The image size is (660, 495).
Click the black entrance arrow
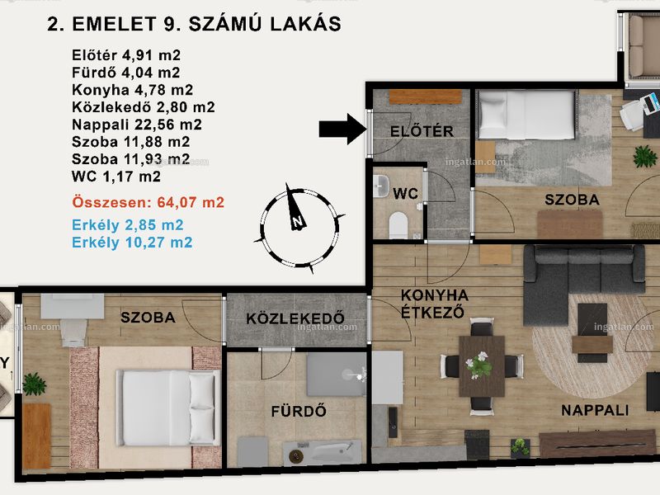pos(342,129)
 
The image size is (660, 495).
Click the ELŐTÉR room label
pos(422,131)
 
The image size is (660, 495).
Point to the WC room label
pos(405,194)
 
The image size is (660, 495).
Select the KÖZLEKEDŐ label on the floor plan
pos(295,318)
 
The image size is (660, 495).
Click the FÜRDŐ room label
pos(299,411)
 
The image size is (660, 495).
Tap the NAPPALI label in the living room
pos(595,410)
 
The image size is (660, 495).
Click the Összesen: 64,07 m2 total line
pos(148,202)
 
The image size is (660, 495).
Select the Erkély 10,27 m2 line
pos(132,243)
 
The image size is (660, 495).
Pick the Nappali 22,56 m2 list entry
pos(137,125)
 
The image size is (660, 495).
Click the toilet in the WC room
pos(398,225)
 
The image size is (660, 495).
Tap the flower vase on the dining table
pos(479,364)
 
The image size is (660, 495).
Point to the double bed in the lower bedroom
pos(168,408)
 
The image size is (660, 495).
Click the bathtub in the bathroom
pos(322,453)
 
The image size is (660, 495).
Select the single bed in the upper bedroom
pos(526,115)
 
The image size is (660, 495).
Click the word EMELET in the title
pos(115,24)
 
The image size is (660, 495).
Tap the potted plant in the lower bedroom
pos(34,384)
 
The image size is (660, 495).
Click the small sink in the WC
pos(382,186)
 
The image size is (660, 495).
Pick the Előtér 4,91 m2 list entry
pos(126,55)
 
